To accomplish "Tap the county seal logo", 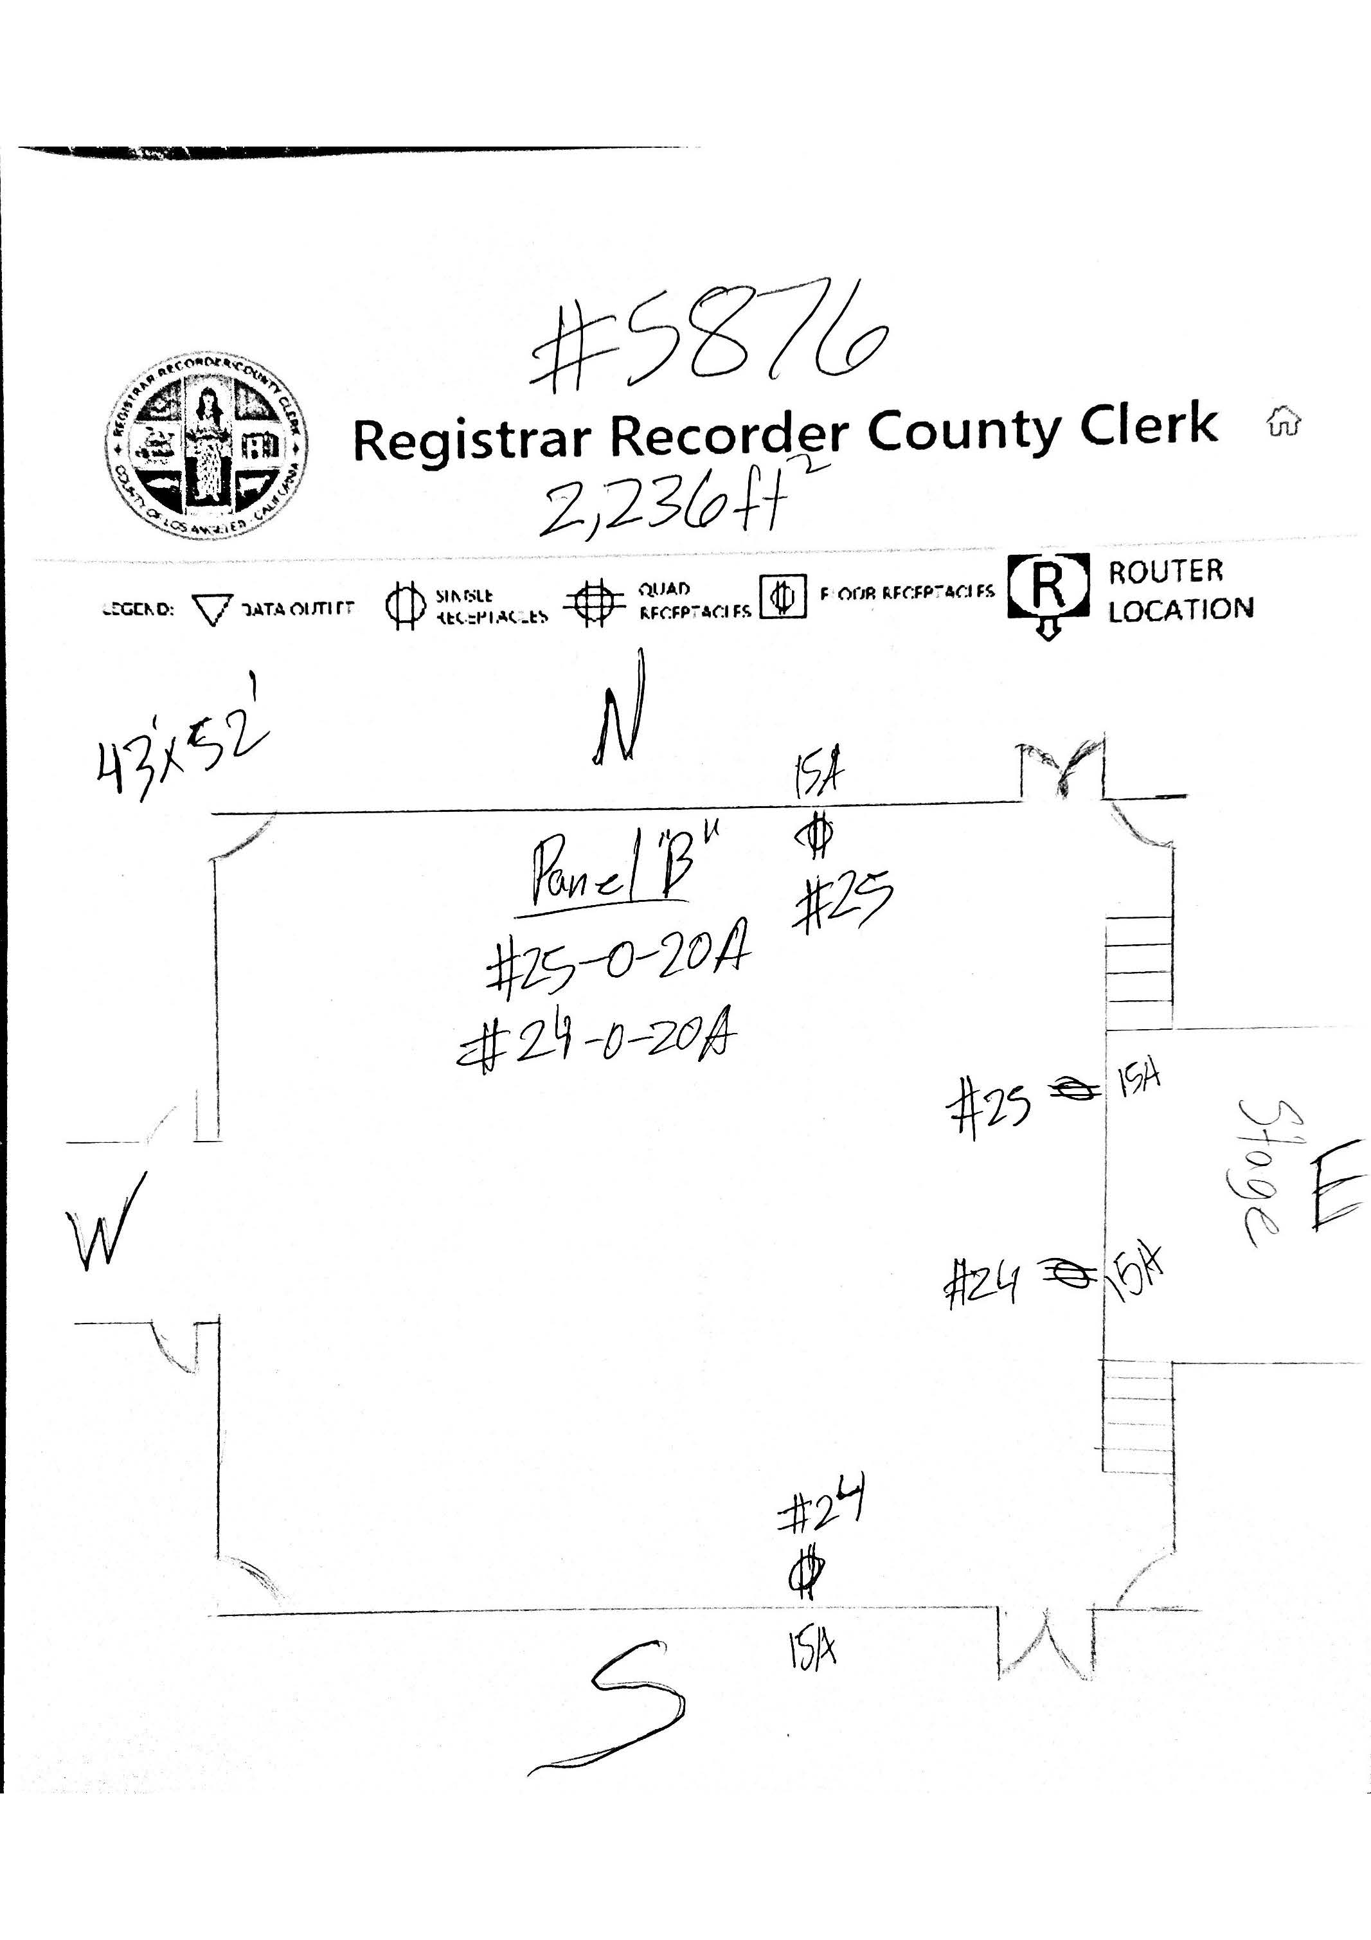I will (206, 446).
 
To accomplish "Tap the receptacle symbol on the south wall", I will (807, 1572).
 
